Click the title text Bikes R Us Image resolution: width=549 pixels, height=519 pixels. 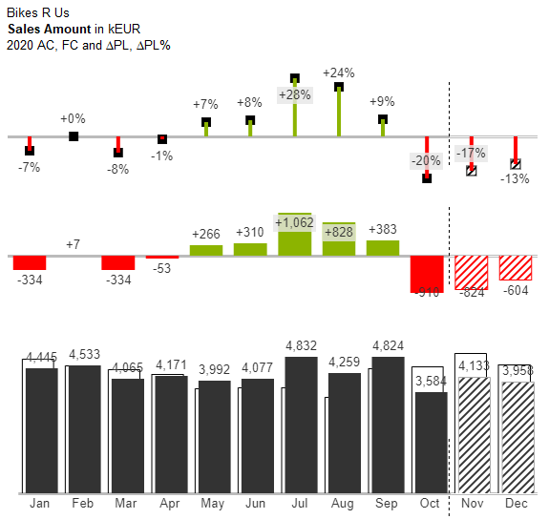click(x=35, y=13)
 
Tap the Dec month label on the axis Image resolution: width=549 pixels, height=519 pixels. click(x=516, y=504)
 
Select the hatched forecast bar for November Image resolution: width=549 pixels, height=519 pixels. click(x=473, y=435)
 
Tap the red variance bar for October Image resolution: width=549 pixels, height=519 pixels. click(x=427, y=274)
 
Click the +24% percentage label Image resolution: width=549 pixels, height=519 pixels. click(x=338, y=73)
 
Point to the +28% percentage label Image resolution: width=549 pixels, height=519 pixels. click(x=295, y=94)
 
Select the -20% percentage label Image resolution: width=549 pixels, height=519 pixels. click(x=426, y=161)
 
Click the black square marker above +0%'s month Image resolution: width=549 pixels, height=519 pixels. click(x=74, y=136)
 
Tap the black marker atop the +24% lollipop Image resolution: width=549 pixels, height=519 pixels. click(x=339, y=87)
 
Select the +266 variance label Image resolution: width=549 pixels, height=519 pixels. click(x=206, y=234)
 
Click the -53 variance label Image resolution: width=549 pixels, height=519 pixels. click(x=161, y=270)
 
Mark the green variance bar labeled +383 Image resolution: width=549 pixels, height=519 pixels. click(x=383, y=248)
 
